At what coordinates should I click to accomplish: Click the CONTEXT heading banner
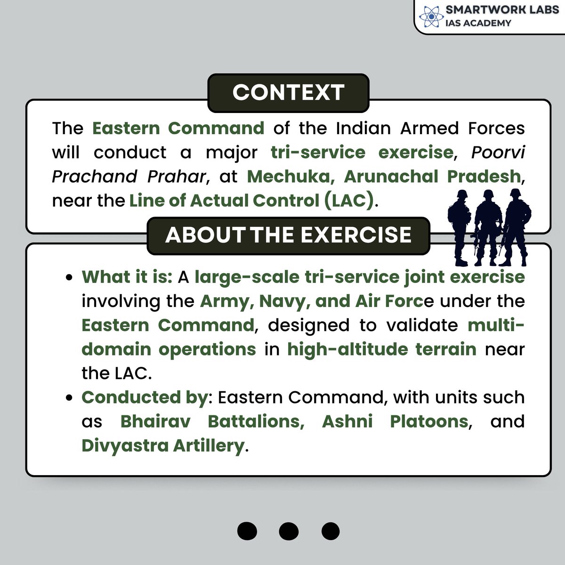click(x=288, y=93)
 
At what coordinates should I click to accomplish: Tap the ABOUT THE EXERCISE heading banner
click(x=288, y=235)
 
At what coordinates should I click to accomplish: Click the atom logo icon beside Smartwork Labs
click(x=429, y=16)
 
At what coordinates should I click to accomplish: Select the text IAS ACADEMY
click(x=478, y=23)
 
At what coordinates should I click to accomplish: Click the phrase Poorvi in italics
click(x=498, y=153)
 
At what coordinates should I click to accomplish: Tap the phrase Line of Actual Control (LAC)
click(x=252, y=201)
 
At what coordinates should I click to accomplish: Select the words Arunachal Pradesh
click(x=432, y=177)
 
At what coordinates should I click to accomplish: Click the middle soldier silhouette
click(x=488, y=226)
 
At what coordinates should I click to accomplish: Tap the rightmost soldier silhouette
click(x=515, y=226)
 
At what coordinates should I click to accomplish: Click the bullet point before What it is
click(x=69, y=278)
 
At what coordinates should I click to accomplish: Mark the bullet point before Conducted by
click(x=69, y=398)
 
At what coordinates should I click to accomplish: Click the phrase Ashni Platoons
click(x=395, y=421)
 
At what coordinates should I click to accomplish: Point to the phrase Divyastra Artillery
click(x=163, y=445)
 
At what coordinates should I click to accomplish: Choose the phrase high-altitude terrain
click(x=382, y=349)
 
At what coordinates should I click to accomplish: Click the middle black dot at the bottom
click(x=289, y=531)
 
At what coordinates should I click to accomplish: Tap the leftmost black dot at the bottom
click(x=247, y=531)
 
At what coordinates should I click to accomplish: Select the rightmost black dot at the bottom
click(x=330, y=531)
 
